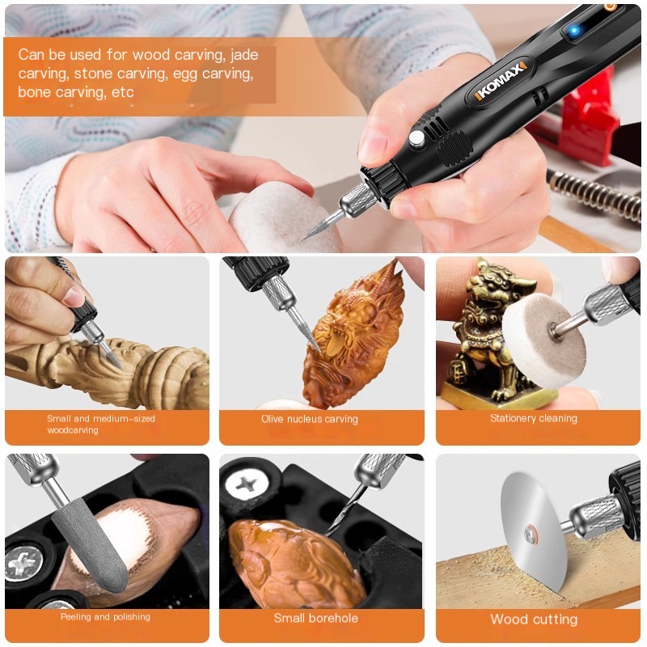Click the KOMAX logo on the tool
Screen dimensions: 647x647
click(500, 82)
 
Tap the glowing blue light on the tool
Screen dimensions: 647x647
click(574, 30)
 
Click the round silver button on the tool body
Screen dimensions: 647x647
click(417, 138)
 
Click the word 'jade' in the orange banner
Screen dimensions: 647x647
click(244, 55)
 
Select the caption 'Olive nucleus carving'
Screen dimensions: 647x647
click(310, 419)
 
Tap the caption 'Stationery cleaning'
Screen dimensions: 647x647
click(534, 418)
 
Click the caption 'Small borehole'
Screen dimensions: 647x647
click(316, 618)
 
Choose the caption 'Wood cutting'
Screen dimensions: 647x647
click(534, 620)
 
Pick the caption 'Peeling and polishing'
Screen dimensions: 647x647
click(105, 617)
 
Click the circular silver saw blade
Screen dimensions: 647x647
click(532, 536)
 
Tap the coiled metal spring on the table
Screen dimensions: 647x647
click(594, 194)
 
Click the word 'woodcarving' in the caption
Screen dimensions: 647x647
click(73, 430)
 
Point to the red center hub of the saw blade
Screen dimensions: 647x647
click(531, 535)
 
